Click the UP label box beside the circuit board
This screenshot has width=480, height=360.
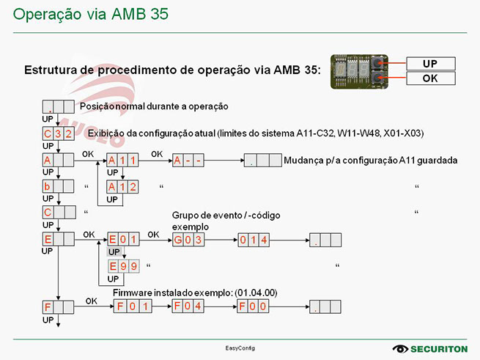click(429, 64)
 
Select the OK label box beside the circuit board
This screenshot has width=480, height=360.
click(429, 78)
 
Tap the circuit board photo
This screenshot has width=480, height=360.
click(361, 70)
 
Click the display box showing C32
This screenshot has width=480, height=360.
click(58, 133)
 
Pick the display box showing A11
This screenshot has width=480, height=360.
click(122, 161)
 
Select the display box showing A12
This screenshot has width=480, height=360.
click(122, 186)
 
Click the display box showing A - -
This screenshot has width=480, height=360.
click(188, 161)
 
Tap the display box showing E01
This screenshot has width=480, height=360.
click(122, 239)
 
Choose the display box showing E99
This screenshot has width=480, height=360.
click(122, 265)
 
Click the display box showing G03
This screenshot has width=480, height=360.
click(188, 239)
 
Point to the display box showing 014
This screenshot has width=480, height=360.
click(254, 239)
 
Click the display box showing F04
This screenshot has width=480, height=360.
click(188, 306)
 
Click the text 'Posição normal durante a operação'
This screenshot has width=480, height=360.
click(154, 106)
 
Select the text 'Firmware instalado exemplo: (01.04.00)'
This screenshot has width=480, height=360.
click(194, 293)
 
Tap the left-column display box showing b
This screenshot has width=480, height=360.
click(58, 186)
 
